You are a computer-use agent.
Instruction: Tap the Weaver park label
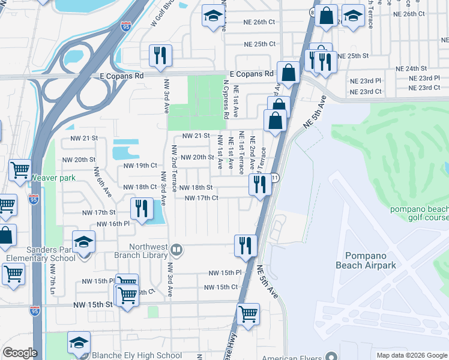[x=54, y=178]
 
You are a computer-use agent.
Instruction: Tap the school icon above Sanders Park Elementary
[x=83, y=242]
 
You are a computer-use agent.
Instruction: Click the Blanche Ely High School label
[x=136, y=355]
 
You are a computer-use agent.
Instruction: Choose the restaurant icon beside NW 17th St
[x=142, y=209]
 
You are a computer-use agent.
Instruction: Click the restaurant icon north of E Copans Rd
[x=160, y=56]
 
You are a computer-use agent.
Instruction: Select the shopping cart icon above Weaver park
[x=20, y=170]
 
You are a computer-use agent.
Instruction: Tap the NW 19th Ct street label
[x=140, y=165]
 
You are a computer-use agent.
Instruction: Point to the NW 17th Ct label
[x=201, y=198]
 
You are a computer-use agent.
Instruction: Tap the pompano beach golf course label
[x=419, y=213]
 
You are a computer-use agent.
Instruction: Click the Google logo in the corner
[x=20, y=353]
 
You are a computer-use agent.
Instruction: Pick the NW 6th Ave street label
[x=102, y=181]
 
